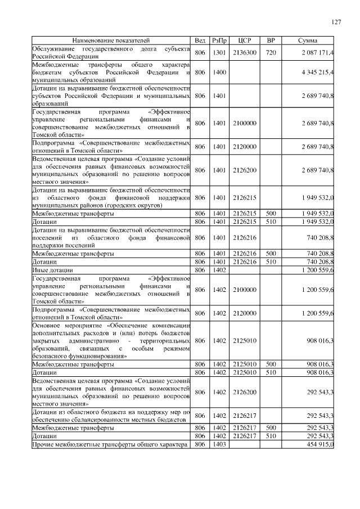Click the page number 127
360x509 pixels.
pos(336,22)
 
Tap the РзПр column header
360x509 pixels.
pos(219,41)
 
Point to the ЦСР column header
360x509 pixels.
pos(245,41)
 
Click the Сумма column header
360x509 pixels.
pos(308,41)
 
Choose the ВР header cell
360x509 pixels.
pos(271,41)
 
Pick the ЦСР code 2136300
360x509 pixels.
pos(245,53)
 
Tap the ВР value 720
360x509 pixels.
pos(271,53)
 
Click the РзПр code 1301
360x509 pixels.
pos(219,53)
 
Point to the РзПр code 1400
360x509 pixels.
pos(219,73)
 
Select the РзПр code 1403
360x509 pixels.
pos(219,444)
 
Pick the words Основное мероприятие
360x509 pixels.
pos(67,326)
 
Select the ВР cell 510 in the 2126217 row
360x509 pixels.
pos(271,436)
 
